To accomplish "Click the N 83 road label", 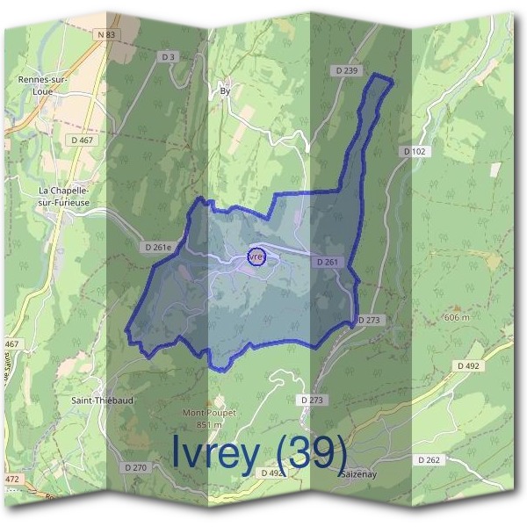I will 106,33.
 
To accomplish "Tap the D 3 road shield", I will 170,57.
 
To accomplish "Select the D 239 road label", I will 348,70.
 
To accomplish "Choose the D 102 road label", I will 415,152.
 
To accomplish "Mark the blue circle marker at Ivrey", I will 256,257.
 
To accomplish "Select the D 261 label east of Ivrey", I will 325,262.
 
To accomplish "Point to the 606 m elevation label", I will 458,316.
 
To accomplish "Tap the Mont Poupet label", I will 204,412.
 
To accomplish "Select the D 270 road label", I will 135,467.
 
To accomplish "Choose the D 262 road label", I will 429,459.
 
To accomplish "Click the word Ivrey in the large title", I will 215,453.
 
